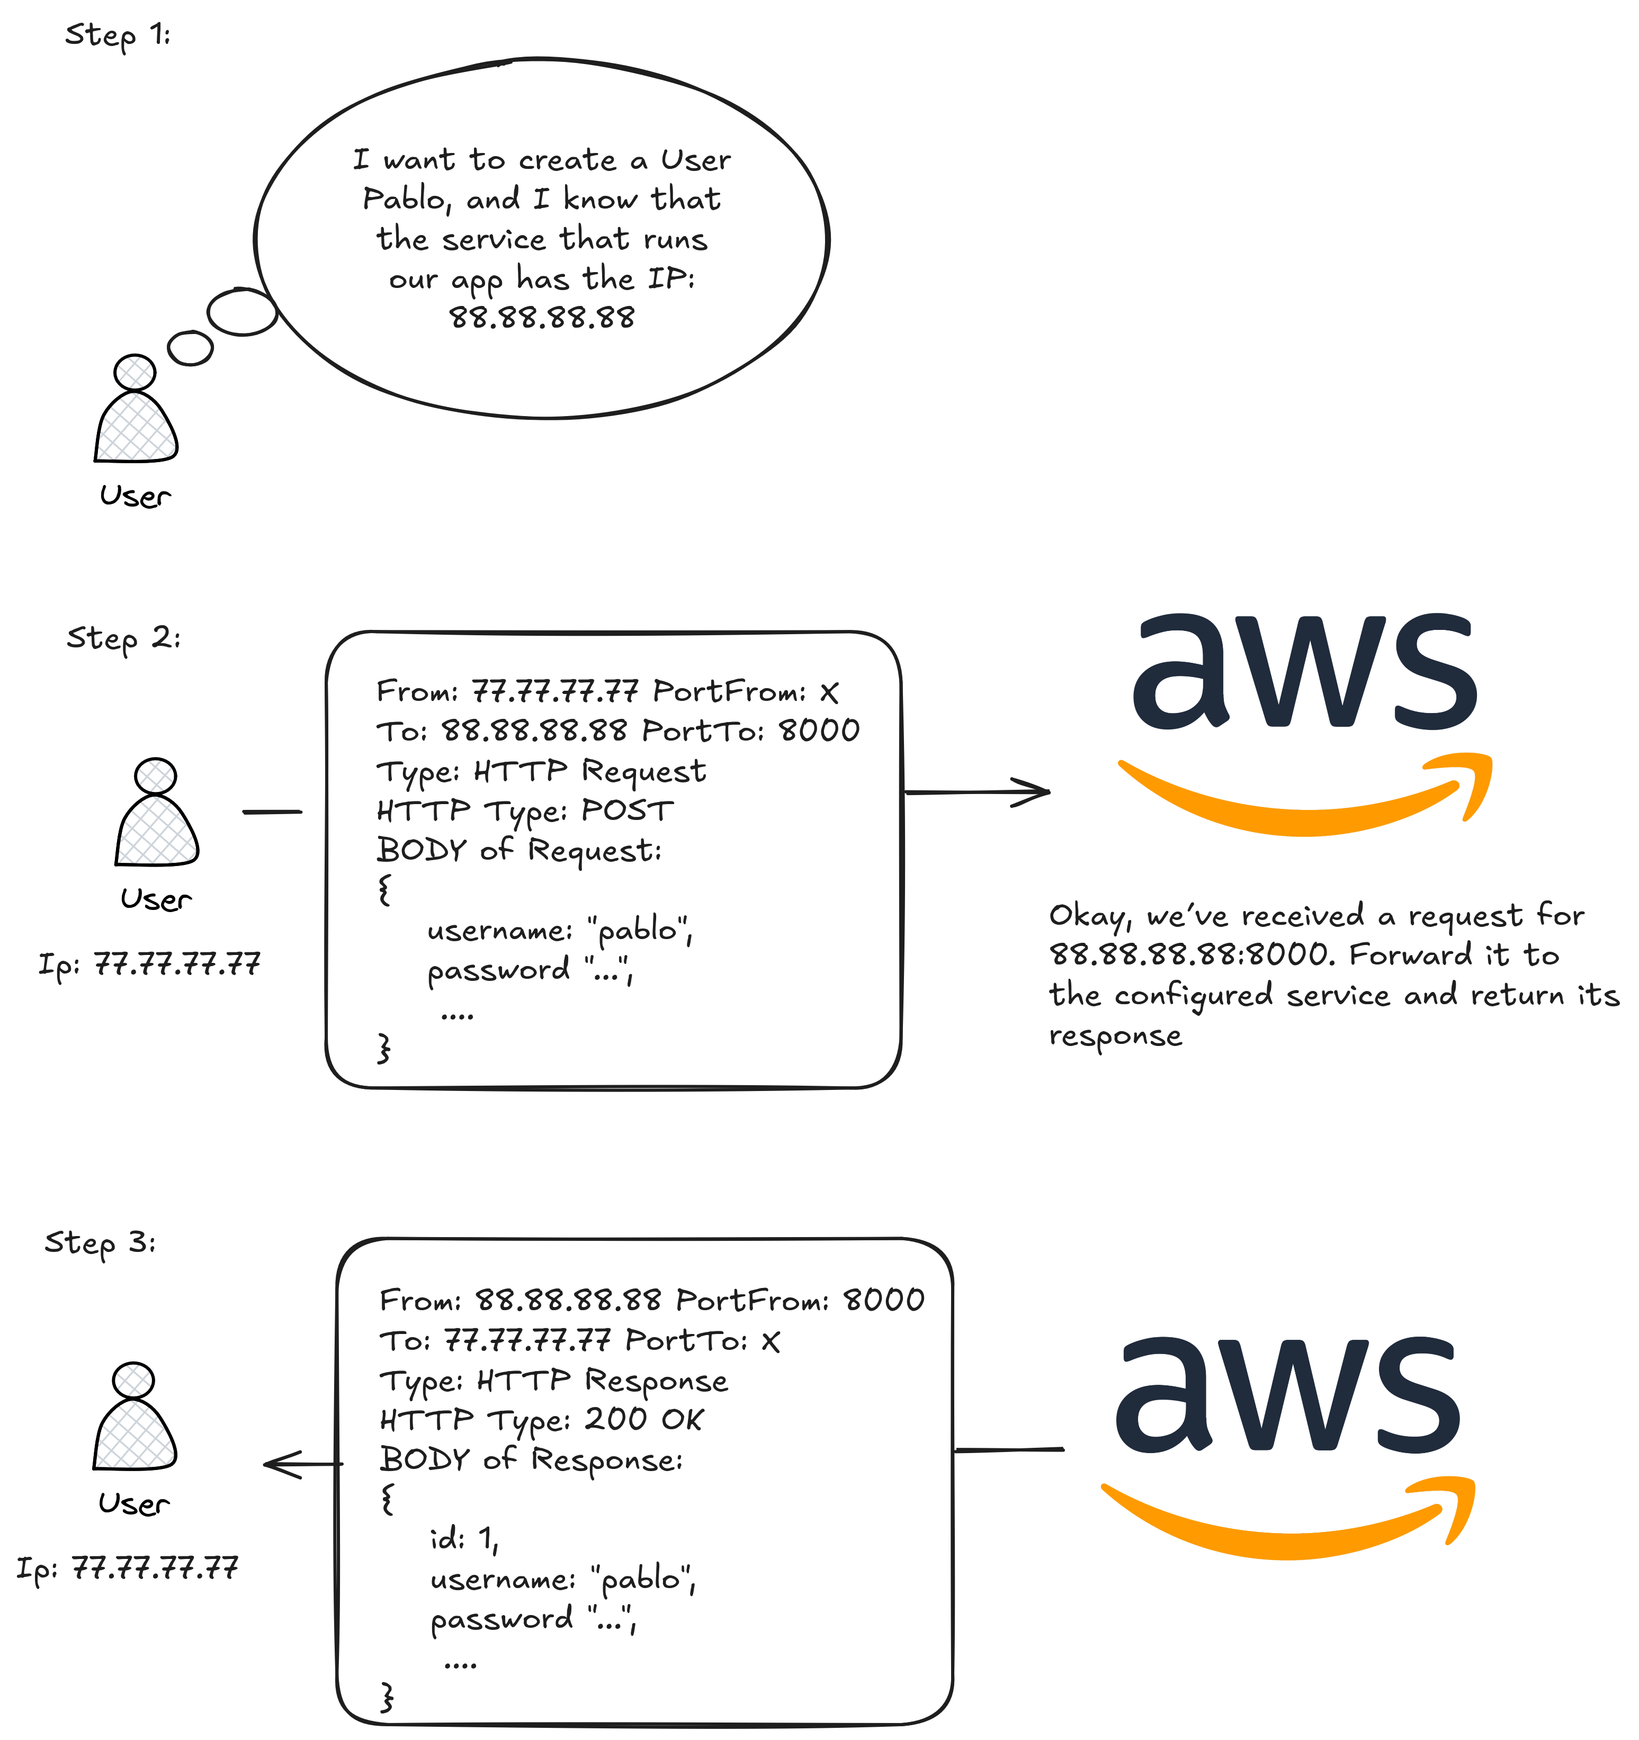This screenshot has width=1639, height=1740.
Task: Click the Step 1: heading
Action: [118, 35]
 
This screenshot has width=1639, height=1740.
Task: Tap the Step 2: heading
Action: [123, 638]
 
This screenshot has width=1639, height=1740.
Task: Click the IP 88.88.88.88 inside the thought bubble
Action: [542, 317]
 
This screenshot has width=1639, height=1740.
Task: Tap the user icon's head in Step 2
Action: [156, 776]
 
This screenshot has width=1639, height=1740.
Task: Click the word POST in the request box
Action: [628, 810]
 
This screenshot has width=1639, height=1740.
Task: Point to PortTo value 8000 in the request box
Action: [820, 730]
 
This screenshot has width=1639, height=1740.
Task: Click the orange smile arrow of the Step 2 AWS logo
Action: [1304, 805]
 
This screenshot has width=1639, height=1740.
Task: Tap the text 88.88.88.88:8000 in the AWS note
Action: [1191, 955]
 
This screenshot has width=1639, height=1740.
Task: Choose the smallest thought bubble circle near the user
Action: [190, 348]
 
